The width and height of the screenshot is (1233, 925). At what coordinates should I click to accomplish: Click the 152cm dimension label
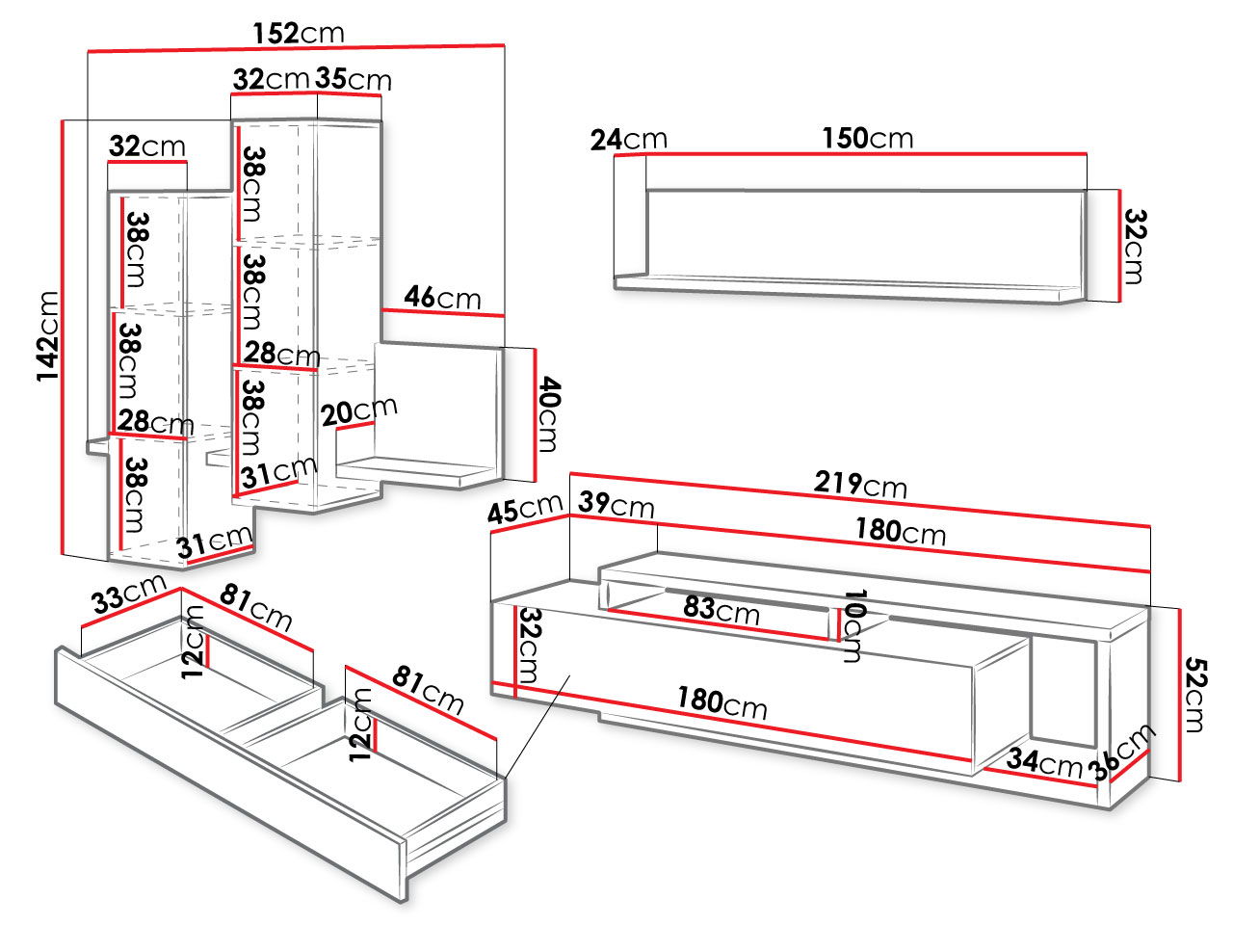[x=299, y=34]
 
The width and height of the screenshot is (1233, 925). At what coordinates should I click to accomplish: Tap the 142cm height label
[x=48, y=336]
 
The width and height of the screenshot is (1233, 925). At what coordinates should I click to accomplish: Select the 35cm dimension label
[x=353, y=79]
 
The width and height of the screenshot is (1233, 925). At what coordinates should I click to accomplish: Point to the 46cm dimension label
[x=442, y=297]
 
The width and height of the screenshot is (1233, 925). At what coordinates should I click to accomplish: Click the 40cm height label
[x=548, y=414]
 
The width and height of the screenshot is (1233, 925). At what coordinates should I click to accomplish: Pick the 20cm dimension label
[x=359, y=411]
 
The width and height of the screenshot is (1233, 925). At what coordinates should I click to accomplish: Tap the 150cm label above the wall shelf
[x=868, y=138]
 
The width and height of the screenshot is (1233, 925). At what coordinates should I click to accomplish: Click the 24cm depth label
[x=629, y=140]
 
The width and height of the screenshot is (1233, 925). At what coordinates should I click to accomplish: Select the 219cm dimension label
[x=860, y=484]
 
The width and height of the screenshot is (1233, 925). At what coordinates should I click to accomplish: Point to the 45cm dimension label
[x=525, y=509]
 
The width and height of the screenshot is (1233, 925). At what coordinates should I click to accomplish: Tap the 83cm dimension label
[x=721, y=609]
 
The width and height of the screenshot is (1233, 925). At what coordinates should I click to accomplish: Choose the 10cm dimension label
[x=853, y=625]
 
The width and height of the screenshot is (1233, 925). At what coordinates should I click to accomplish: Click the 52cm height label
[x=1195, y=694]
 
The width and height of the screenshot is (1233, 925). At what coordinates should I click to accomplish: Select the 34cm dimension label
[x=1044, y=762]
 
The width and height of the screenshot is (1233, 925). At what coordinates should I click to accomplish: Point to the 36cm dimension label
[x=1121, y=753]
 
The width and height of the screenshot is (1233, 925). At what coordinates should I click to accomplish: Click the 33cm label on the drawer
[x=129, y=594]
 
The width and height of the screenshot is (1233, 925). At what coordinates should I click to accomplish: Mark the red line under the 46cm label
[x=443, y=313]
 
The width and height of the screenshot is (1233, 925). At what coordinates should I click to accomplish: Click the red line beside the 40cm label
[x=535, y=415]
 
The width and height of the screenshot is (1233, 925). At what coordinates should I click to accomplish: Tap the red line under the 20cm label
[x=355, y=426]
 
